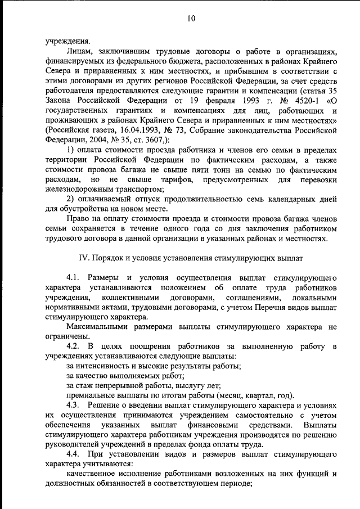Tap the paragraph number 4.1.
click(x=74, y=278)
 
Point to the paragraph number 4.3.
click(x=74, y=406)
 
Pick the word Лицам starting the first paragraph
click(x=79, y=51)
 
